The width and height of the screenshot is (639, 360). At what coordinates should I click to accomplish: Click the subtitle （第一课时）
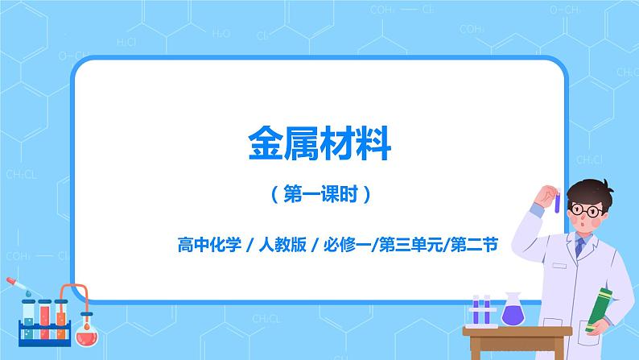coord(319,194)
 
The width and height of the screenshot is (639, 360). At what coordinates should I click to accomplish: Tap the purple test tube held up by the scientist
coord(556,198)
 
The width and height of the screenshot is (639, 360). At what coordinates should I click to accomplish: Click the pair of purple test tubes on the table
coord(480,309)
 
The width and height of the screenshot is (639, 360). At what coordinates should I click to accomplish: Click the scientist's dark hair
coord(586,192)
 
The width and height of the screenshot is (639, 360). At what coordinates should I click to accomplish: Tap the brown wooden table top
coord(515,331)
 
